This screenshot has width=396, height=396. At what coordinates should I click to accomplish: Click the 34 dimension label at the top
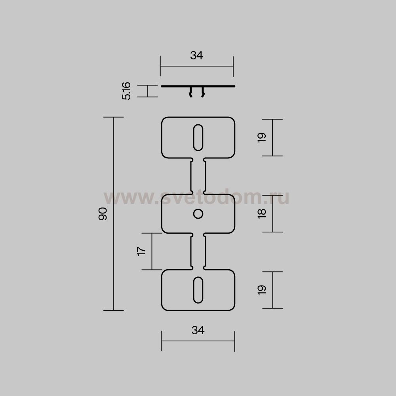(x=196, y=55)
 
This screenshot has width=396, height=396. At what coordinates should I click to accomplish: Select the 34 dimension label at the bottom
(x=198, y=330)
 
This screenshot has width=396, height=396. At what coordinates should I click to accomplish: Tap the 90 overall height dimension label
(x=103, y=214)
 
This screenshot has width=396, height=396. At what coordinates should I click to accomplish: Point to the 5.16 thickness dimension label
(x=126, y=91)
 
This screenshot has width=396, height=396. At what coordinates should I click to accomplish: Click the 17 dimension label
(x=141, y=251)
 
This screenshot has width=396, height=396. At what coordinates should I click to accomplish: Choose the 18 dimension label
(x=262, y=214)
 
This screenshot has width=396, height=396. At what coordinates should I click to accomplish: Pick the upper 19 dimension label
(x=262, y=138)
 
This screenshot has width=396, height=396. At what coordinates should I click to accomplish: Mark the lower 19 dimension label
(x=262, y=290)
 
